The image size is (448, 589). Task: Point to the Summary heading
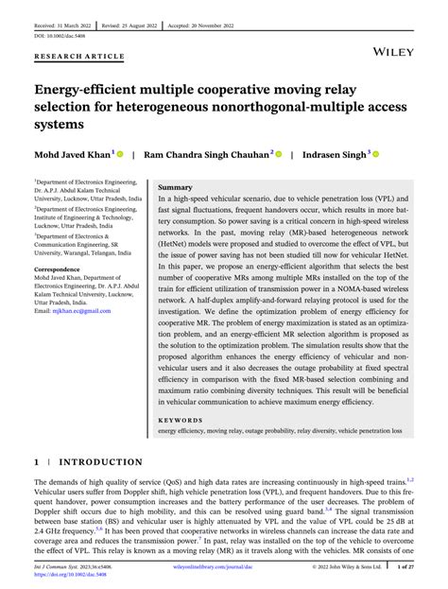tap(175, 187)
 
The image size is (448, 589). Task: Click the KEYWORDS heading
tap(181, 419)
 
